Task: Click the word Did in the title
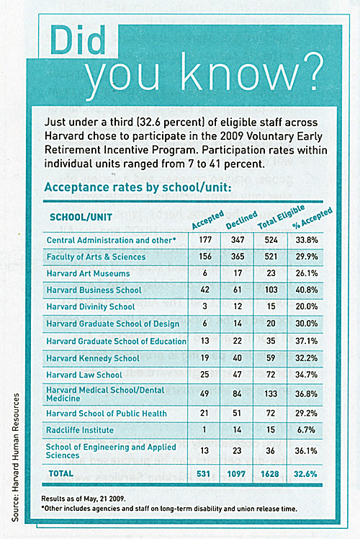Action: pyautogui.click(x=78, y=40)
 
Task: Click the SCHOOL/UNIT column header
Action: pyautogui.click(x=81, y=217)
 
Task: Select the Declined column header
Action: pyautogui.click(x=241, y=220)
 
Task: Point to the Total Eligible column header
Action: pyautogui.click(x=281, y=217)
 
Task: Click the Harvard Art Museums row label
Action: pyautogui.click(x=89, y=274)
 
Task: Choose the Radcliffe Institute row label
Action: pyautogui.click(x=80, y=430)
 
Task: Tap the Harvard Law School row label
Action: pyautogui.click(x=84, y=375)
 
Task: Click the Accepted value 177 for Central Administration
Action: pyautogui.click(x=205, y=240)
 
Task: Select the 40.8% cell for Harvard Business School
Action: pyautogui.click(x=307, y=290)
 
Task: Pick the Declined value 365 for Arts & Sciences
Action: pyautogui.click(x=238, y=257)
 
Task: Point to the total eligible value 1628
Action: pyautogui.click(x=270, y=474)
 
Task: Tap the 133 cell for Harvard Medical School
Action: pyautogui.click(x=271, y=393)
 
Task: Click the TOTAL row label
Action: pyautogui.click(x=61, y=473)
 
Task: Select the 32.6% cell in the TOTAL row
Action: pyautogui.click(x=305, y=474)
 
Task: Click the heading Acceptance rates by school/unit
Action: pyautogui.click(x=138, y=187)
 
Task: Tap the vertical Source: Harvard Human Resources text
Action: pyautogui.click(x=15, y=457)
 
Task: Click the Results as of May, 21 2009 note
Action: pyautogui.click(x=84, y=499)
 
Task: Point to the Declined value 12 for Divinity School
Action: pyautogui.click(x=238, y=306)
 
